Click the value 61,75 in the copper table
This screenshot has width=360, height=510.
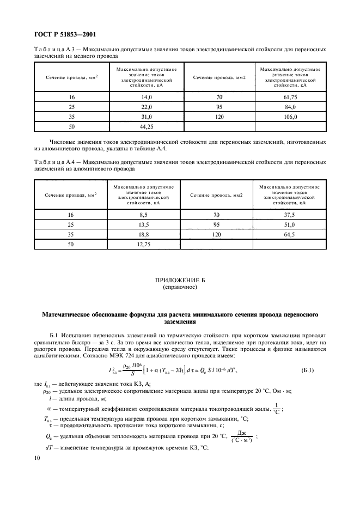coord(290,96)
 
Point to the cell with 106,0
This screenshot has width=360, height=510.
coord(290,117)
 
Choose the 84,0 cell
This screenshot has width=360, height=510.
coord(290,107)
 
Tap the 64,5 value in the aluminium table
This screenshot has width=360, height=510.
coord(290,235)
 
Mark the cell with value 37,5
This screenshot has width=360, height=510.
coord(290,215)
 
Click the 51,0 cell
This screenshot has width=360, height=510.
coord(290,224)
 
